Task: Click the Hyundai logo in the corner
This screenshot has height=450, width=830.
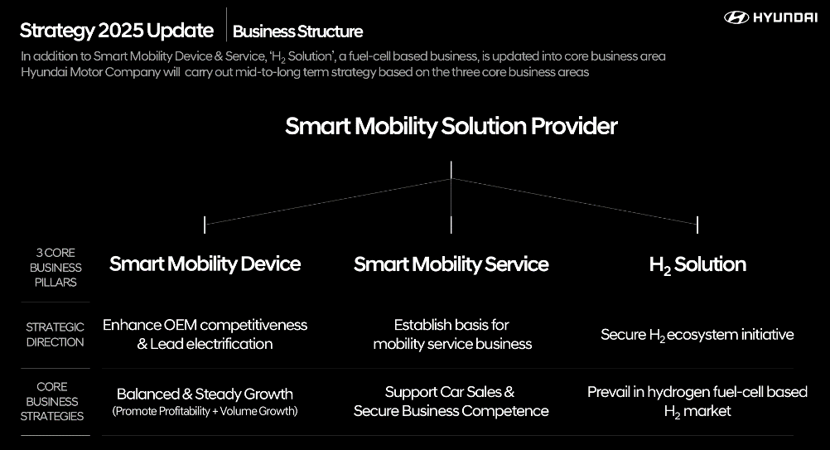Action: point(770,17)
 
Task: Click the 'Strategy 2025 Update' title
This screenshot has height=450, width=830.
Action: point(117,31)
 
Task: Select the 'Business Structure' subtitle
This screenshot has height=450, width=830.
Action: point(297,31)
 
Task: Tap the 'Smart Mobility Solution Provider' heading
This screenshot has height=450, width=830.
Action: point(451,126)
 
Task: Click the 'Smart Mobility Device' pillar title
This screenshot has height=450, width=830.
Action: point(205,264)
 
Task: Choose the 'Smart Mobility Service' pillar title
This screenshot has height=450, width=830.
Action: point(451,264)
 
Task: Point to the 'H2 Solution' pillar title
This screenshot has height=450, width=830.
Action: point(697,264)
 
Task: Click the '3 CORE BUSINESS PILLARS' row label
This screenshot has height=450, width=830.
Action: point(55,267)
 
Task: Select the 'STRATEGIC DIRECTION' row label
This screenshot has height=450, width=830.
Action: point(55,334)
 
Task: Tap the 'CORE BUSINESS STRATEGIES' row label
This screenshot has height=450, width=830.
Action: point(53,401)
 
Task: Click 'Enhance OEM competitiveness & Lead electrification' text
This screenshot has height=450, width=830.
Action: point(205,334)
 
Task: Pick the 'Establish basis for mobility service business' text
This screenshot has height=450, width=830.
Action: point(451,334)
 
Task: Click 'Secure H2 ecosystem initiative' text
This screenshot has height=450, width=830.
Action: point(697,335)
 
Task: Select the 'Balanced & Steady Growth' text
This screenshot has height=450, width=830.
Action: point(205,394)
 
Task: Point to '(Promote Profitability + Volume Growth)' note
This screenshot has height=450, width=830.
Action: point(205,411)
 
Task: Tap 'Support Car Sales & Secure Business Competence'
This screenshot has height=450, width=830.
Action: point(451,401)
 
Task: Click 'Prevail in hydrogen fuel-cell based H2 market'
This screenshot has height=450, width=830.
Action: point(697,401)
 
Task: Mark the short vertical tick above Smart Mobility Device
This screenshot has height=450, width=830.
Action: point(205,224)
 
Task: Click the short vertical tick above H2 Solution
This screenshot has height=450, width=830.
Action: point(697,224)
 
